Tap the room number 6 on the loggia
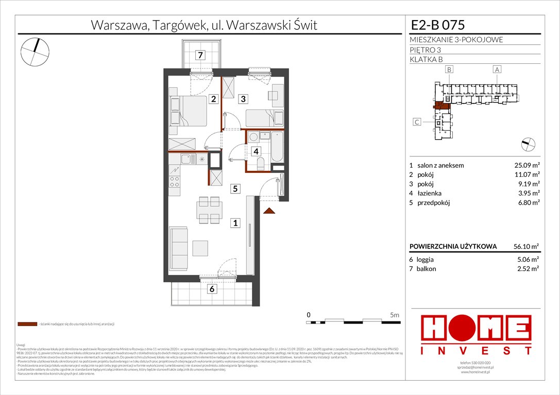point(211,290)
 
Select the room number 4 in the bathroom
point(256,151)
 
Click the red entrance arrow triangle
point(267,210)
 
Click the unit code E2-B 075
point(437,25)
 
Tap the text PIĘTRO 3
point(426,50)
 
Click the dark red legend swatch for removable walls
point(27,325)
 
